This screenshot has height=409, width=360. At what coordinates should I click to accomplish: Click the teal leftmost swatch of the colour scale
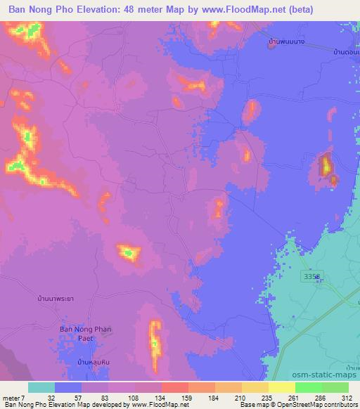click(41, 387)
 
